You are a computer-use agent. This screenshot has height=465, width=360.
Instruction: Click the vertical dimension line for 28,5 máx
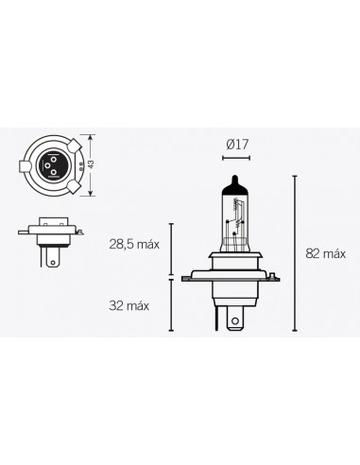click(171, 250)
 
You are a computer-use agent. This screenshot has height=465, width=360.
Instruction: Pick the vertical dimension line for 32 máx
click(171, 305)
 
